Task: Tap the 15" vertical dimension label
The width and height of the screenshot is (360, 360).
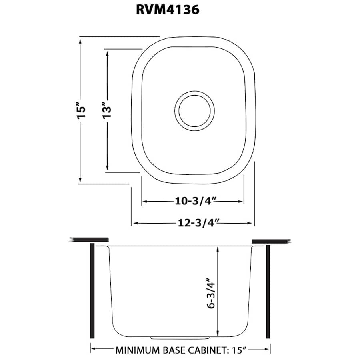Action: tap(81, 111)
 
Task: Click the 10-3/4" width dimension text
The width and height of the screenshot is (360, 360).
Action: tap(193, 201)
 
